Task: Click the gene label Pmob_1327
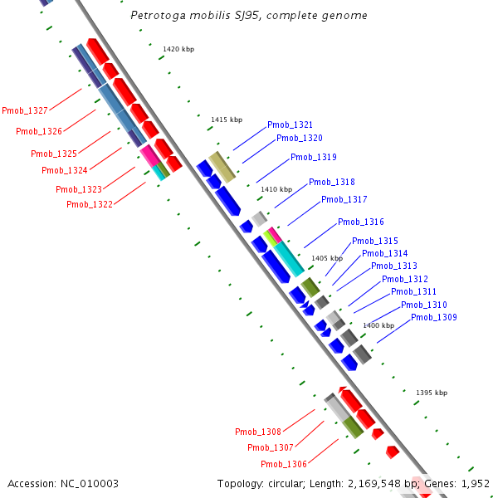(x=24, y=110)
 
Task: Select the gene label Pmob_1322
(x=89, y=204)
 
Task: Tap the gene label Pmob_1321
(x=290, y=124)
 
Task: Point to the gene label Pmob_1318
(x=331, y=182)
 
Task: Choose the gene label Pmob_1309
(x=433, y=317)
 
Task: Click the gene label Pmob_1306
(x=283, y=464)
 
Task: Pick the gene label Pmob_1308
(x=257, y=432)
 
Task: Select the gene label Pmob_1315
(x=374, y=241)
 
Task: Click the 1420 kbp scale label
(x=178, y=50)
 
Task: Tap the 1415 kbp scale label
(x=227, y=120)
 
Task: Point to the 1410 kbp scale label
(x=276, y=189)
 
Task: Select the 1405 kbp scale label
(x=326, y=258)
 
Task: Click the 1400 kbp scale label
(x=378, y=325)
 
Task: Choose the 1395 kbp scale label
(x=431, y=393)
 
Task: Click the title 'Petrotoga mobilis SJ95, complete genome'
(x=249, y=16)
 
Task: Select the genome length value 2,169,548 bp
(x=377, y=483)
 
